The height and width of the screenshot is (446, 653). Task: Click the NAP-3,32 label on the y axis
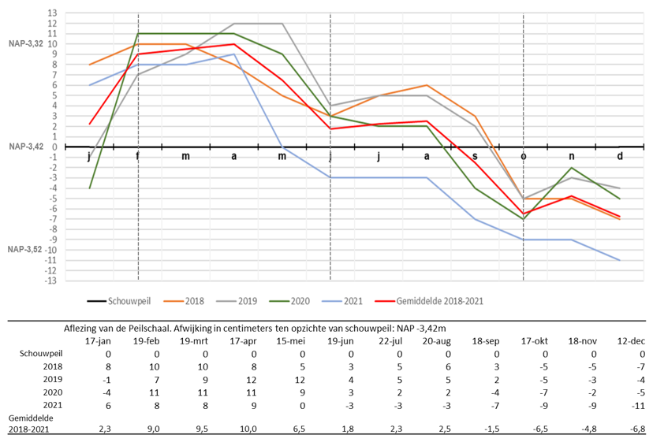point(26,43)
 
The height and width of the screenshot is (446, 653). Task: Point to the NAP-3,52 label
point(26,249)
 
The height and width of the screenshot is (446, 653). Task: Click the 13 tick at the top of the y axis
point(52,13)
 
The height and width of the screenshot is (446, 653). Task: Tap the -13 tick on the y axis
point(50,281)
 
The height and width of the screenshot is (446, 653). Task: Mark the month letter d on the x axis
point(620,156)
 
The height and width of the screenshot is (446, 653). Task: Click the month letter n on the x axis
point(572,156)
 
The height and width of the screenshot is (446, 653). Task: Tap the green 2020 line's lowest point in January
point(90,188)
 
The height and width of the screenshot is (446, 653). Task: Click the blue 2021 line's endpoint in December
point(620,260)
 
